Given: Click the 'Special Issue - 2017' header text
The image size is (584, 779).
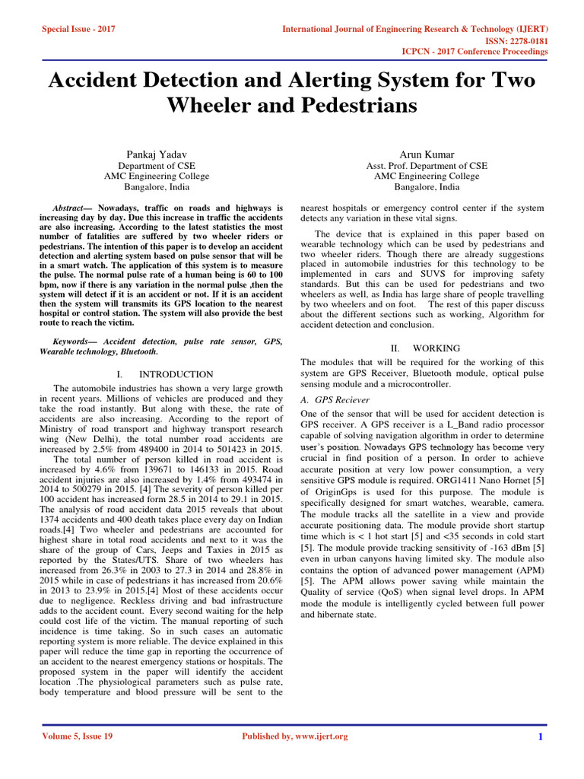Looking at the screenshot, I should point(79,28).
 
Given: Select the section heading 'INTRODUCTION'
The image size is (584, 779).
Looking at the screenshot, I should point(175,374).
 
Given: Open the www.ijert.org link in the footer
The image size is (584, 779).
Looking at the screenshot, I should point(319,736).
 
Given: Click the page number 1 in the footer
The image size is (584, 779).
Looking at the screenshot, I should point(540,736).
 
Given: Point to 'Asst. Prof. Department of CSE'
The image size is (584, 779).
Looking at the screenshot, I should point(427,166).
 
